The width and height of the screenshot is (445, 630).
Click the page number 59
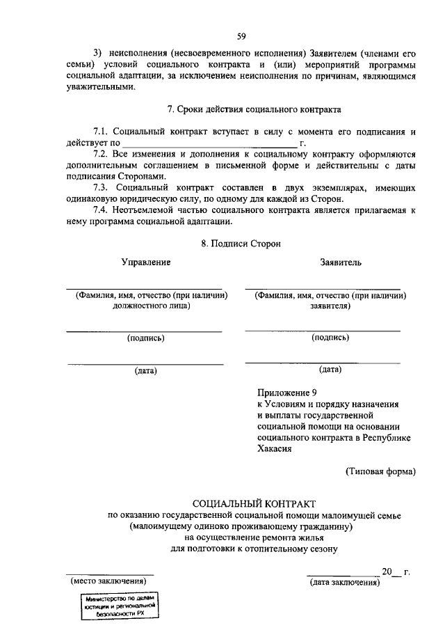click(241, 36)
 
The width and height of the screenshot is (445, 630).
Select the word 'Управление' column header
click(146, 262)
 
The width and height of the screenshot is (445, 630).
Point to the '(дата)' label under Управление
click(146, 371)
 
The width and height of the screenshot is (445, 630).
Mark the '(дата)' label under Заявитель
click(330, 370)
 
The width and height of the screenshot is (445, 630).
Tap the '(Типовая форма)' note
click(381, 471)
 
